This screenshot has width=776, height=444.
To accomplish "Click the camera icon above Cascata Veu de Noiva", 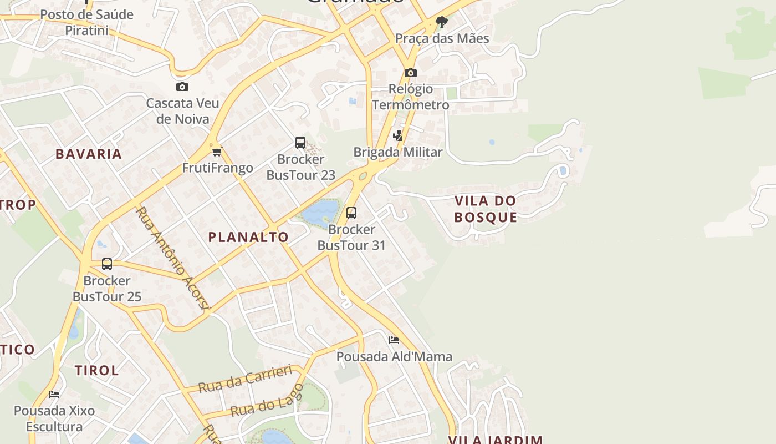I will (x=182, y=87).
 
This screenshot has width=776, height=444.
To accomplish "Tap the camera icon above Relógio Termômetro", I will (x=411, y=73).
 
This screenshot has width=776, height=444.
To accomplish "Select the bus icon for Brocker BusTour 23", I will (x=300, y=143).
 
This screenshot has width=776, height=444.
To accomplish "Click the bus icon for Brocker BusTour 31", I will (x=351, y=213).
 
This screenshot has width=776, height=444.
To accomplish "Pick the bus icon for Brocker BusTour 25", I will (x=107, y=264).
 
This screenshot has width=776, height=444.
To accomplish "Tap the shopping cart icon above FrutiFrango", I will (x=217, y=152).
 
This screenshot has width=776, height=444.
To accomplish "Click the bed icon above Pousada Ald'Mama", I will (x=394, y=340).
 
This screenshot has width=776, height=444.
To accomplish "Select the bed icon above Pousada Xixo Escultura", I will (x=54, y=394).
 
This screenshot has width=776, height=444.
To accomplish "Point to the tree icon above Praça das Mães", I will (x=441, y=22).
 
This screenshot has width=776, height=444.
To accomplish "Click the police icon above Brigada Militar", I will (x=398, y=135).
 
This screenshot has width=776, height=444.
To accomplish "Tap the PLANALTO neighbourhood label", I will (x=248, y=237).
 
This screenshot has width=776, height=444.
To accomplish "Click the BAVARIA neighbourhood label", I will (x=89, y=154).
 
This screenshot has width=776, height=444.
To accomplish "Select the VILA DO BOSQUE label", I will (x=486, y=209).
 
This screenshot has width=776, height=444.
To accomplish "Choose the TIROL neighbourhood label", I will (x=97, y=370).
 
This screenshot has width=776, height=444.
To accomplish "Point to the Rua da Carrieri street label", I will (x=245, y=379).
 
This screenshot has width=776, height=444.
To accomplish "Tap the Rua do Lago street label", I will (x=267, y=400).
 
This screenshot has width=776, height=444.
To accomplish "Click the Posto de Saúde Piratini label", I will (x=87, y=22).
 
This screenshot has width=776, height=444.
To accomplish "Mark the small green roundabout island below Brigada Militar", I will (x=363, y=176).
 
